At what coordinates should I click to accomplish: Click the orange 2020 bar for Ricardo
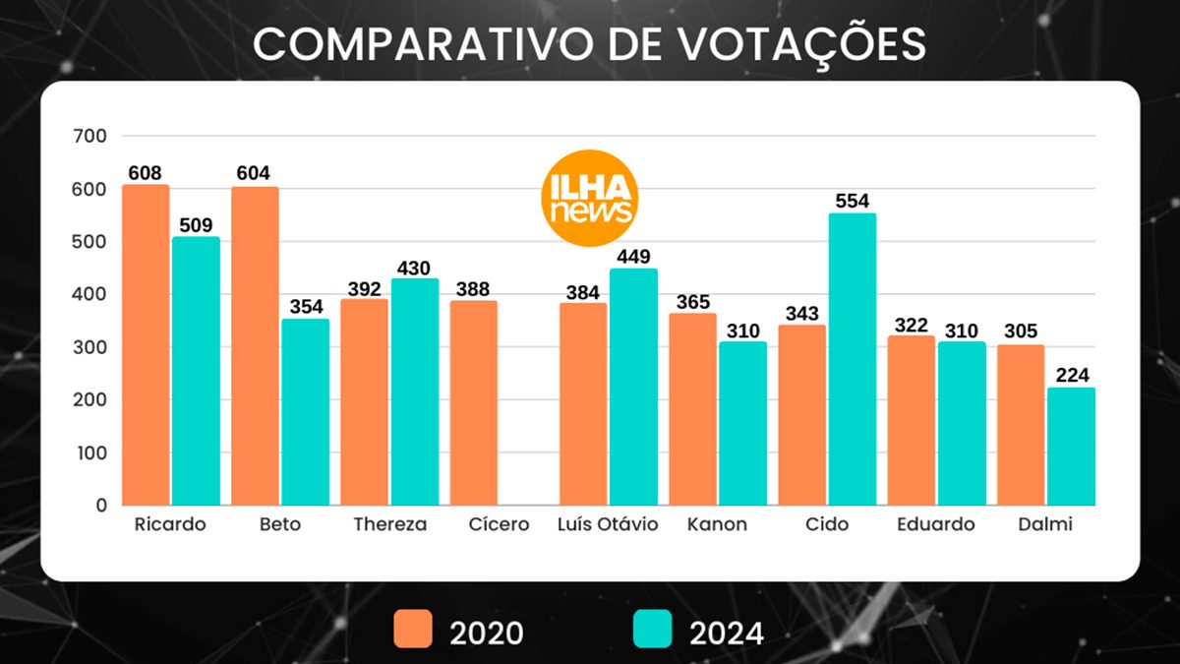[x=146, y=344]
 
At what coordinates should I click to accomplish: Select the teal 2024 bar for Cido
[x=853, y=359]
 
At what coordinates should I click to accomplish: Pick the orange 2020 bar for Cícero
[x=474, y=402]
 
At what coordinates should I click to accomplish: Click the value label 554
[x=853, y=201]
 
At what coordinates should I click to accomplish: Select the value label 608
[x=146, y=173]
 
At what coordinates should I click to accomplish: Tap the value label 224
[x=1071, y=375]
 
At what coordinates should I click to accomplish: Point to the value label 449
[x=634, y=257]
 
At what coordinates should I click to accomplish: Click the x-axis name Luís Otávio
[x=608, y=524]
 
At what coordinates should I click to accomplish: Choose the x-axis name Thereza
[x=390, y=524]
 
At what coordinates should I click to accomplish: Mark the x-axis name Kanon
[x=717, y=524]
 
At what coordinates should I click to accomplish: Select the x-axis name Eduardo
[x=935, y=524]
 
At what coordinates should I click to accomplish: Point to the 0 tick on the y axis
[x=100, y=505]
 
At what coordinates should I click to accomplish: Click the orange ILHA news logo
[x=590, y=198]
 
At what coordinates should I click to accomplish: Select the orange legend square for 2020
[x=413, y=630]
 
